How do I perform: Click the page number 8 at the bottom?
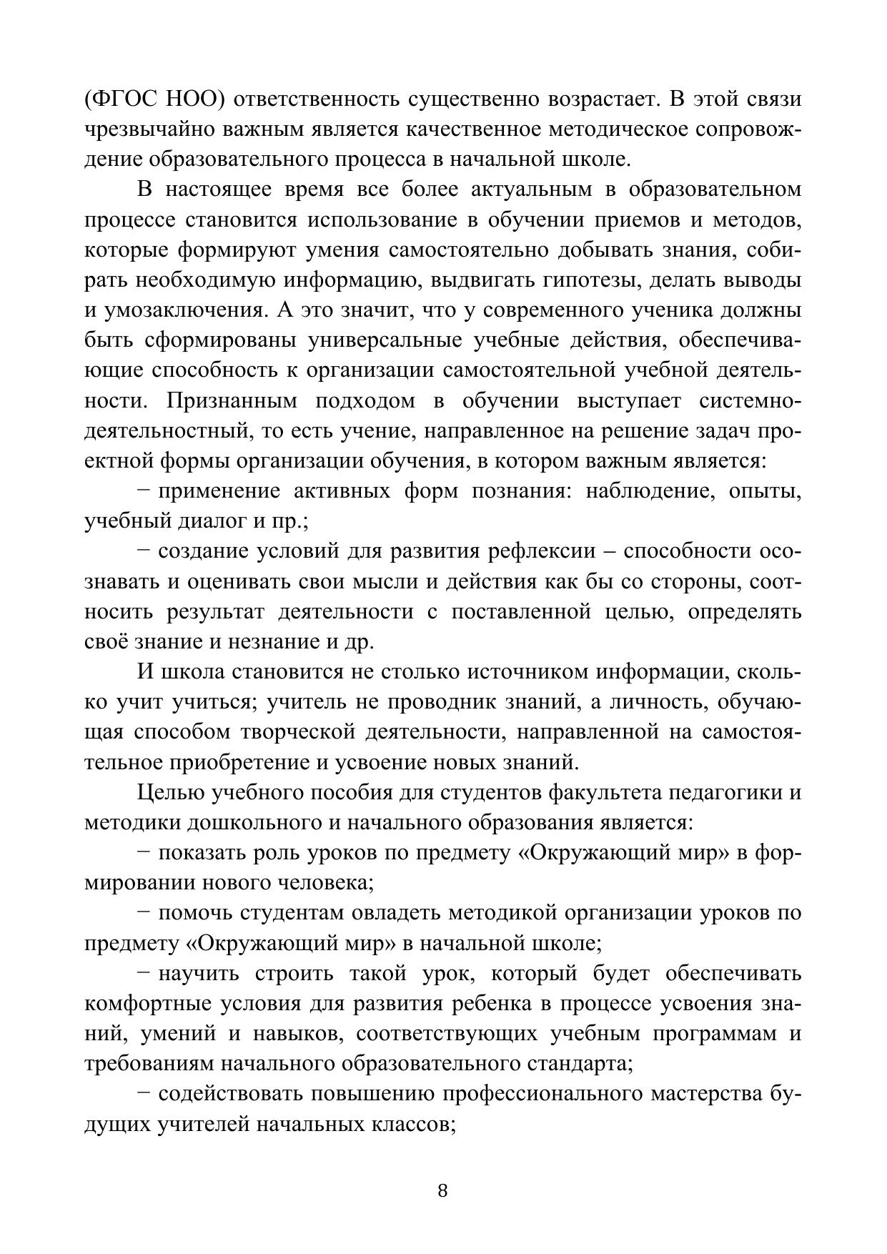442,1190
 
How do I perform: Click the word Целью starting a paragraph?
169,793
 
